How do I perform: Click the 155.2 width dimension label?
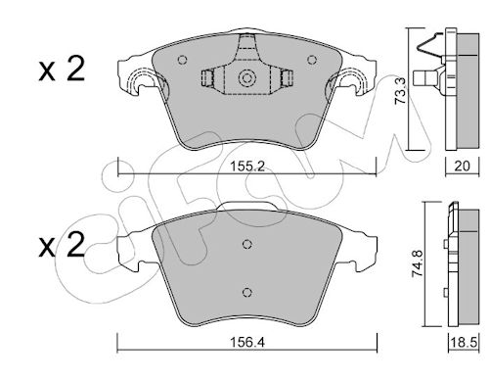(x=246, y=167)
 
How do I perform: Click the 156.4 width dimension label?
(x=246, y=343)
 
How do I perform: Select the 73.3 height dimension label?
(x=400, y=91)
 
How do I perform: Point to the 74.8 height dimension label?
(x=418, y=263)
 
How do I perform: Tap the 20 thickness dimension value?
(x=463, y=167)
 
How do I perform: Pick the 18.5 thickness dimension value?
(x=465, y=343)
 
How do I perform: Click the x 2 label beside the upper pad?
(x=62, y=69)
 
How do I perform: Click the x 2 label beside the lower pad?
(x=62, y=245)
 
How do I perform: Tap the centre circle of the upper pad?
(x=246, y=78)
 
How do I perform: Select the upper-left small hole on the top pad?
(x=183, y=60)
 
